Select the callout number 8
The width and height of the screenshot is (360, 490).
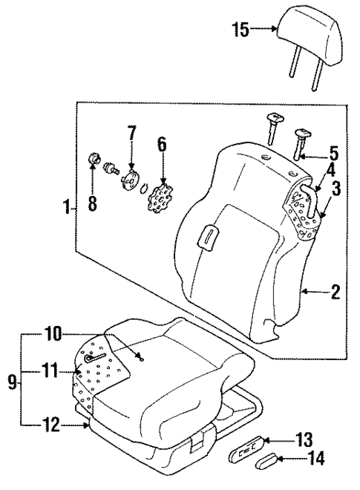pyautogui.click(x=92, y=202)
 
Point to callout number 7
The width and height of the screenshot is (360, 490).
pyautogui.click(x=131, y=134)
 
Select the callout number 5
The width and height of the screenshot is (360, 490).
pyautogui.click(x=333, y=155)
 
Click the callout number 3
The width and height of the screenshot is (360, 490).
pyautogui.click(x=335, y=189)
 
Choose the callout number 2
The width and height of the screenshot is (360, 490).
pyautogui.click(x=335, y=292)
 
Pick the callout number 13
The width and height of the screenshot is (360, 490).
pyautogui.click(x=305, y=439)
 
